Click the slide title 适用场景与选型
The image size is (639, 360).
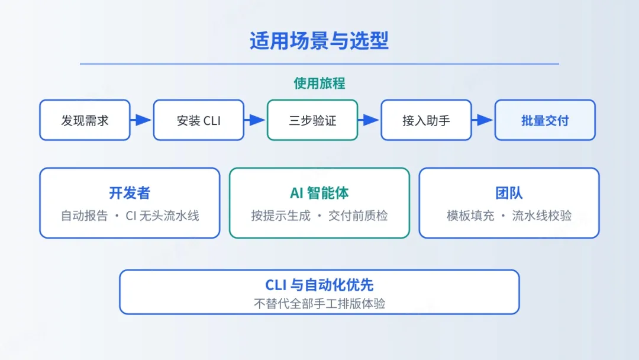point(319,41)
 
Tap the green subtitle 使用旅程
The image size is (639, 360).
point(319,83)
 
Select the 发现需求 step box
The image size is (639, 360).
point(85,120)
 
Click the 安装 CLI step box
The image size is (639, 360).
point(198,120)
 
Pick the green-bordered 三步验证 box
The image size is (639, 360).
point(312,120)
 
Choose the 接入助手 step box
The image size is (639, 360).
point(426,120)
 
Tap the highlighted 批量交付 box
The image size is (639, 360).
point(545,120)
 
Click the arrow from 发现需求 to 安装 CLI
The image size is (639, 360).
point(141,120)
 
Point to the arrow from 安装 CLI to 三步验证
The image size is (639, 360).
point(255,120)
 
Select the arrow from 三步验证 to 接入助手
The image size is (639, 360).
point(369,120)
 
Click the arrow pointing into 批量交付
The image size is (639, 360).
point(483,120)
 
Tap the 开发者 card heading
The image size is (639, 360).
point(130,193)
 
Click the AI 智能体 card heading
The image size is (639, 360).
point(319,193)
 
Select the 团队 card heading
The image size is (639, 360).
point(509,193)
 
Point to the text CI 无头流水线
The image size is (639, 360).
point(162,216)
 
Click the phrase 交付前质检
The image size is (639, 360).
point(358,216)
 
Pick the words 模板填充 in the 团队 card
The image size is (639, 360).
point(470,216)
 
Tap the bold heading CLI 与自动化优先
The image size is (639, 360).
point(319,285)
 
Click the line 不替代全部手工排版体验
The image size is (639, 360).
point(319,304)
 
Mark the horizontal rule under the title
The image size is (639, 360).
point(319,63)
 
